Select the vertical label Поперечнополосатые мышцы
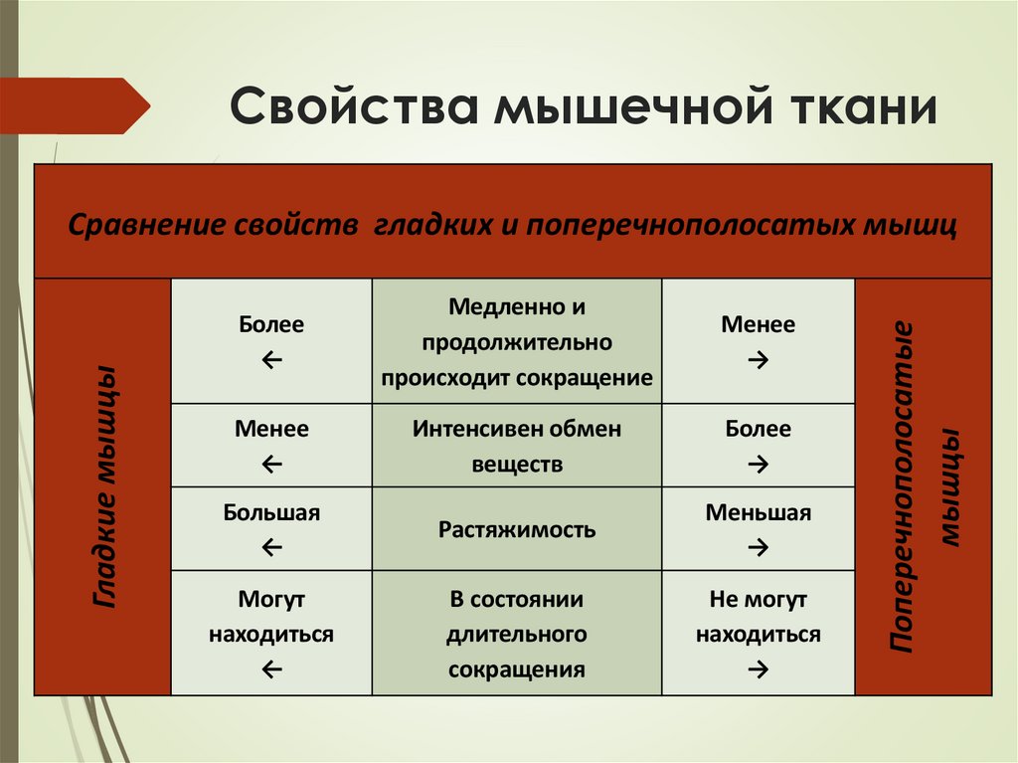(x=924, y=486)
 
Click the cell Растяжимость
(x=517, y=529)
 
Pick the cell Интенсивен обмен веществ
(x=517, y=447)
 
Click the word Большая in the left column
(x=271, y=513)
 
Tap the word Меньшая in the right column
(x=759, y=513)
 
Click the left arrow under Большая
(x=271, y=545)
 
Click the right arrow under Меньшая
(x=759, y=545)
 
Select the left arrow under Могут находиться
(x=271, y=670)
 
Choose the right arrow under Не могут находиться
(x=759, y=670)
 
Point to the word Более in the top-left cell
(x=271, y=324)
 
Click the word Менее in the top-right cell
(x=759, y=324)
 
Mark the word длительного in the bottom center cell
(x=517, y=634)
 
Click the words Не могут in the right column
(x=759, y=600)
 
